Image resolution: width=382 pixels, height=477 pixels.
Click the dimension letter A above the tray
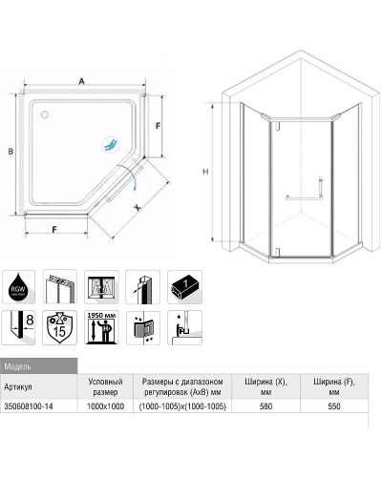pos(82,82)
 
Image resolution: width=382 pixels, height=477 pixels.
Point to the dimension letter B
pos(9,152)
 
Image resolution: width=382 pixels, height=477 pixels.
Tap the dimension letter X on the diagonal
pos(138,203)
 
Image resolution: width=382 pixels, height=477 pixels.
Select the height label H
pos(206,171)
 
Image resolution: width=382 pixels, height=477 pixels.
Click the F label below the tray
pos(55,230)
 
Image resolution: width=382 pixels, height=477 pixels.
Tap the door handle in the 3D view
pos(302,198)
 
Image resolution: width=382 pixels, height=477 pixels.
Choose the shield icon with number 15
pos(59,326)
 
